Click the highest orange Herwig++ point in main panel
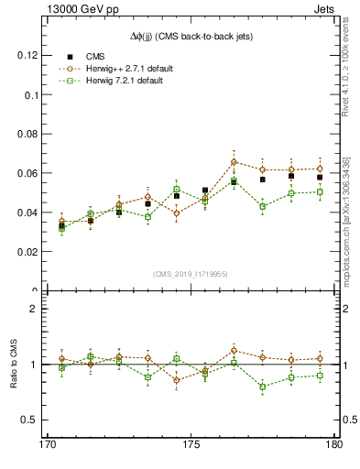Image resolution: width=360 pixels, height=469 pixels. (234, 162)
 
